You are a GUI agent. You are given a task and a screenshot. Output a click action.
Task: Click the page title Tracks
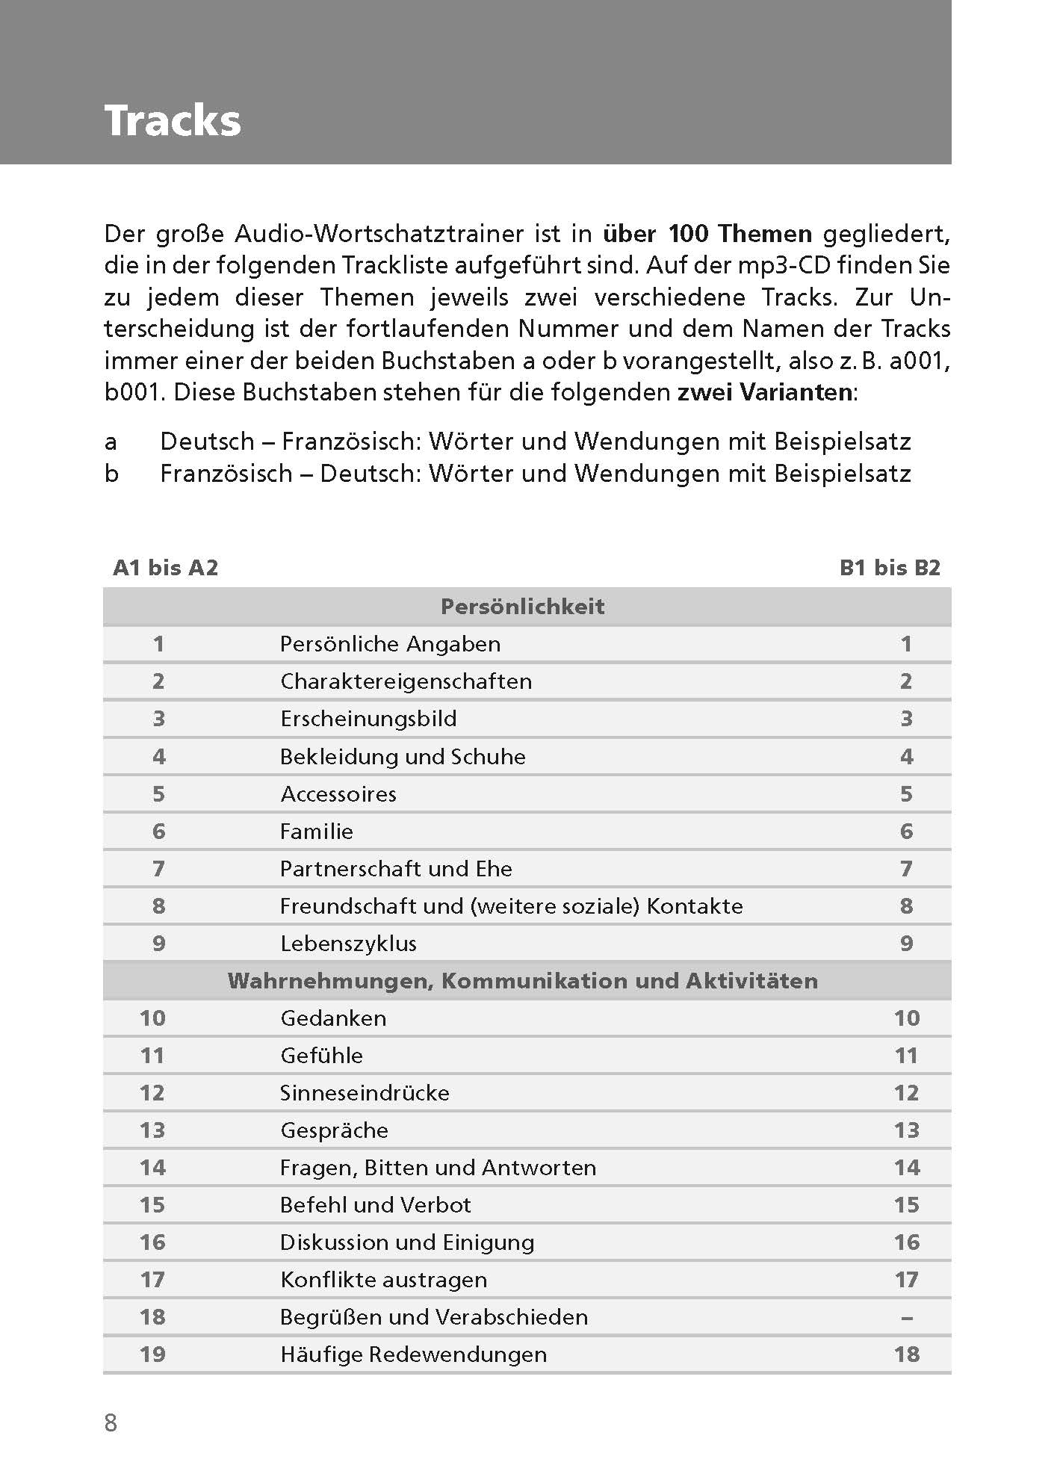(173, 120)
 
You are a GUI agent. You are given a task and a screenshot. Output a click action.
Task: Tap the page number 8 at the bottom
(111, 1422)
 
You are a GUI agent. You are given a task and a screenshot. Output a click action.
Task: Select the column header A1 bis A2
(165, 568)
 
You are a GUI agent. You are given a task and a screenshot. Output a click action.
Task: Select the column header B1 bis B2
(890, 568)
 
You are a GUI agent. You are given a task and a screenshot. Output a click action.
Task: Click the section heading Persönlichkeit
(522, 606)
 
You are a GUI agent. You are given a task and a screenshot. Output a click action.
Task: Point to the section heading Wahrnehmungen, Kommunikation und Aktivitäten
(522, 980)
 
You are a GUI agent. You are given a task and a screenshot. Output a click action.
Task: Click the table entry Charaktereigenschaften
(406, 681)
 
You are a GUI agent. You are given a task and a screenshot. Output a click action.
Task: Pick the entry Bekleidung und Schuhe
(403, 757)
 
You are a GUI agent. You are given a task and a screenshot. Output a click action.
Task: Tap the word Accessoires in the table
(338, 794)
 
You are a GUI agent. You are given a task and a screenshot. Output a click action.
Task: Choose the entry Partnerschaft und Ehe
(396, 869)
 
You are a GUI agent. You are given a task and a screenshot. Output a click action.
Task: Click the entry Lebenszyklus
(348, 944)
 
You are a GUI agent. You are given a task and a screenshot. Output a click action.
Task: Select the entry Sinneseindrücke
(365, 1093)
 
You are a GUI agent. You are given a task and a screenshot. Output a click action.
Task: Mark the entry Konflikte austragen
(383, 1280)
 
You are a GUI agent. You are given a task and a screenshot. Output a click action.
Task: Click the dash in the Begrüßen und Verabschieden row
(906, 1317)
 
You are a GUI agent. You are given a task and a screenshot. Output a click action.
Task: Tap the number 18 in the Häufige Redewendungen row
(906, 1354)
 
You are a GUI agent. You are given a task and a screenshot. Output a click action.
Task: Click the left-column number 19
(152, 1354)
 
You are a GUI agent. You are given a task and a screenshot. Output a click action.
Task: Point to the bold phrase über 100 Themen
(707, 234)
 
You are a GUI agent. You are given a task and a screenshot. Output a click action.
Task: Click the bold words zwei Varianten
(763, 392)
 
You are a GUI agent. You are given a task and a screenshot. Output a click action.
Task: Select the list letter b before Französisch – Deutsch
(111, 474)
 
